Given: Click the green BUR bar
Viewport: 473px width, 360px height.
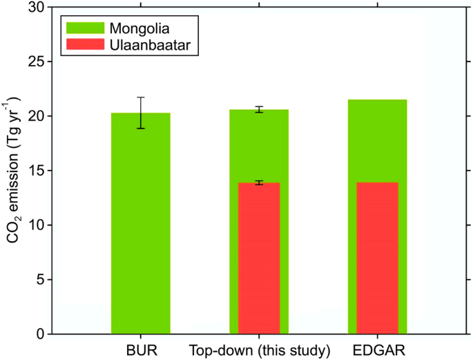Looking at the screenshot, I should click(x=140, y=228).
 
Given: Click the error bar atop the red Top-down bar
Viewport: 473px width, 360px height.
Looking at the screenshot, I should click(x=259, y=182).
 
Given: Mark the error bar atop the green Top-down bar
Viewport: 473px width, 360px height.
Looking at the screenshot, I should click(x=259, y=109).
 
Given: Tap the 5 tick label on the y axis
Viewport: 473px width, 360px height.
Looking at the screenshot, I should click(x=42, y=280).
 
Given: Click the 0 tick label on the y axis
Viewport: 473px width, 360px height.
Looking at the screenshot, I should click(x=42, y=334).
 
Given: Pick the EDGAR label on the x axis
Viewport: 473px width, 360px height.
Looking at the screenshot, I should click(x=377, y=350).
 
